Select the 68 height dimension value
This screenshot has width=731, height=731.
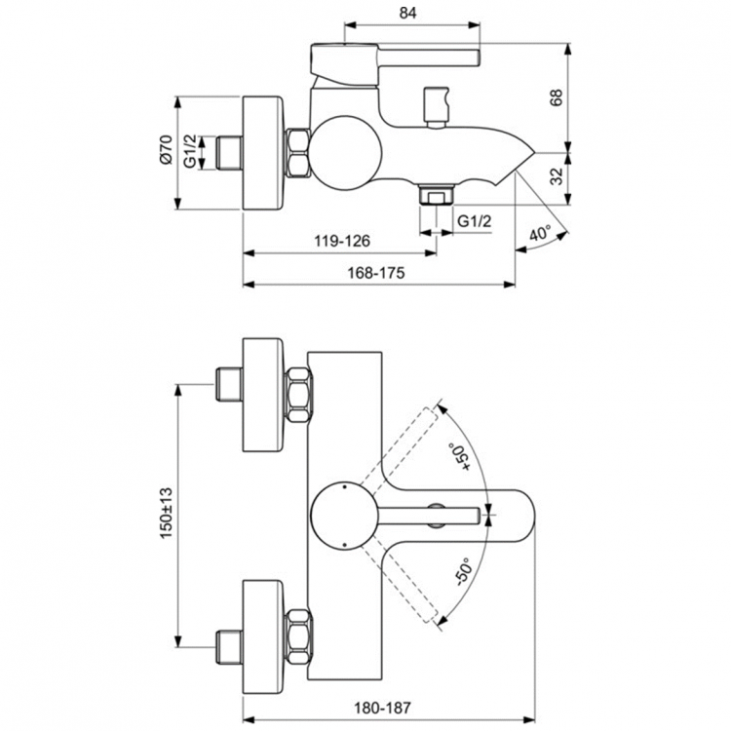point(557,97)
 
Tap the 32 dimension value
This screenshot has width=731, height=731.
point(557,177)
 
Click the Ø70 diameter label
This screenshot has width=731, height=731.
point(166,152)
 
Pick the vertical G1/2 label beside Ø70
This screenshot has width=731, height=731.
point(191,152)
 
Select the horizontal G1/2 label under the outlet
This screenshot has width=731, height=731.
point(475,222)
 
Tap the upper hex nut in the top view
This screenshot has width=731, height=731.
point(298,395)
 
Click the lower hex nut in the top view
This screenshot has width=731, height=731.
point(298,634)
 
